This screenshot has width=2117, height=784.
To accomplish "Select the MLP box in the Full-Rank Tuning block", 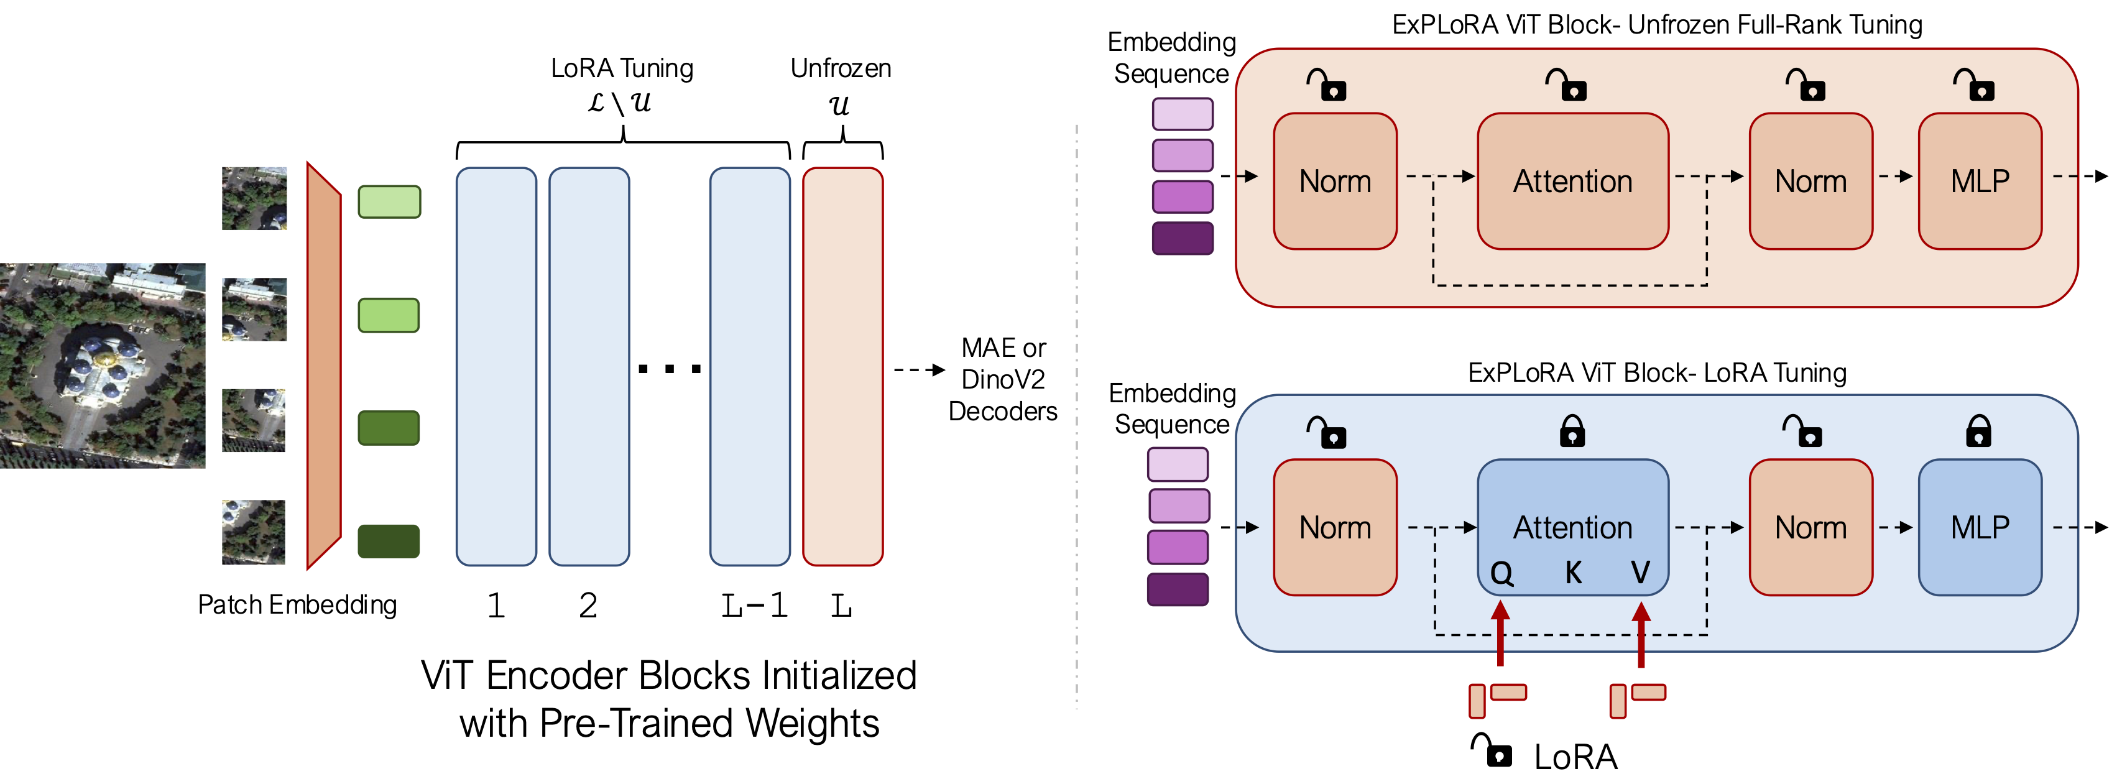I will pyautogui.click(x=1980, y=181).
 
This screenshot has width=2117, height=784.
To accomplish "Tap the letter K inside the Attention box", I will pyautogui.click(x=1573, y=572).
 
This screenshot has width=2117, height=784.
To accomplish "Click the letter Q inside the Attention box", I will pyautogui.click(x=1501, y=573).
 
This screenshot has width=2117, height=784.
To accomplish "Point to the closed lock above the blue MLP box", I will pyautogui.click(x=1978, y=431).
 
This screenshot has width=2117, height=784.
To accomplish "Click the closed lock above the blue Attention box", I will pyautogui.click(x=1572, y=431).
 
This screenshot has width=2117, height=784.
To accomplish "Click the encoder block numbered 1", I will pyautogui.click(x=496, y=367).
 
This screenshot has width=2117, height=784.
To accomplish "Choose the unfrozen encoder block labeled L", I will pyautogui.click(x=842, y=367).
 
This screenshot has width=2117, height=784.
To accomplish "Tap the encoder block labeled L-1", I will pyautogui.click(x=749, y=367).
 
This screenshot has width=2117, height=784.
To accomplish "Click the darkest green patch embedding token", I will pyautogui.click(x=389, y=541).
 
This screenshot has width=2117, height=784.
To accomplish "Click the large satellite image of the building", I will pyautogui.click(x=103, y=366).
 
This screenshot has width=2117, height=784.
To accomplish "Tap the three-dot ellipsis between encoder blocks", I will pyautogui.click(x=670, y=369).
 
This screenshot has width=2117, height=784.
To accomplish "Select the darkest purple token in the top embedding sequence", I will pyautogui.click(x=1183, y=238).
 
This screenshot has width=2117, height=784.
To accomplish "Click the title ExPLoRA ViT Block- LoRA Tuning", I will pyautogui.click(x=1657, y=373).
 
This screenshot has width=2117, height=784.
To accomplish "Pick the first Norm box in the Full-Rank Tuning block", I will pyautogui.click(x=1335, y=181).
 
